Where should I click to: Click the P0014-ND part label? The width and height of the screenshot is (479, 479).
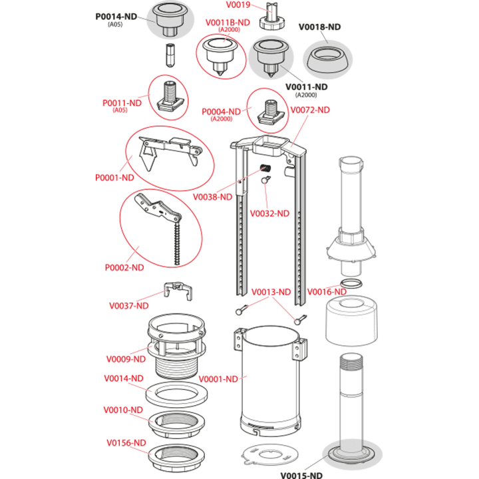116,17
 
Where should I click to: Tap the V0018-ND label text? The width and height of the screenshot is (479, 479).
319,27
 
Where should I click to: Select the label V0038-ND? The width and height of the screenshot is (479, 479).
213,197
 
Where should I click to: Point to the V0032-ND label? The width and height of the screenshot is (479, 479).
269,214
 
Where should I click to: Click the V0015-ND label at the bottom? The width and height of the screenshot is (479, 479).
301,475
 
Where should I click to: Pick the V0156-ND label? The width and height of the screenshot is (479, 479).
126,442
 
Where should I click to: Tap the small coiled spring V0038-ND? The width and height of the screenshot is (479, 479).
265,168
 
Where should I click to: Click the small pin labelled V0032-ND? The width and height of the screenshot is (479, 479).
265,180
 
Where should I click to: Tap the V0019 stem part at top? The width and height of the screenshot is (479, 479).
272,16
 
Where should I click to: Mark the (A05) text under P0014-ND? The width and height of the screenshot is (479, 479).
115,25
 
